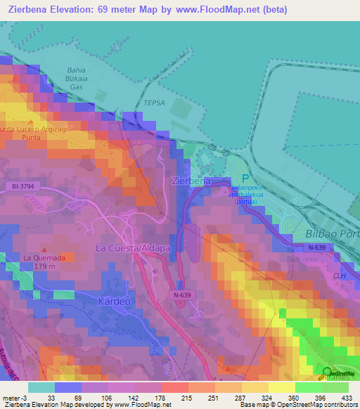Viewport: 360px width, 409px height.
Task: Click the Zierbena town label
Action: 191,181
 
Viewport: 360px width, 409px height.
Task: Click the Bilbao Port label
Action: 332,232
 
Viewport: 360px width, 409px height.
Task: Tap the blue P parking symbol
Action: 245,179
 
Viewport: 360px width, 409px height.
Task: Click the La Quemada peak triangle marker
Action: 45,249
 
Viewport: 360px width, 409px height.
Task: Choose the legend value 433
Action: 347,397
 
